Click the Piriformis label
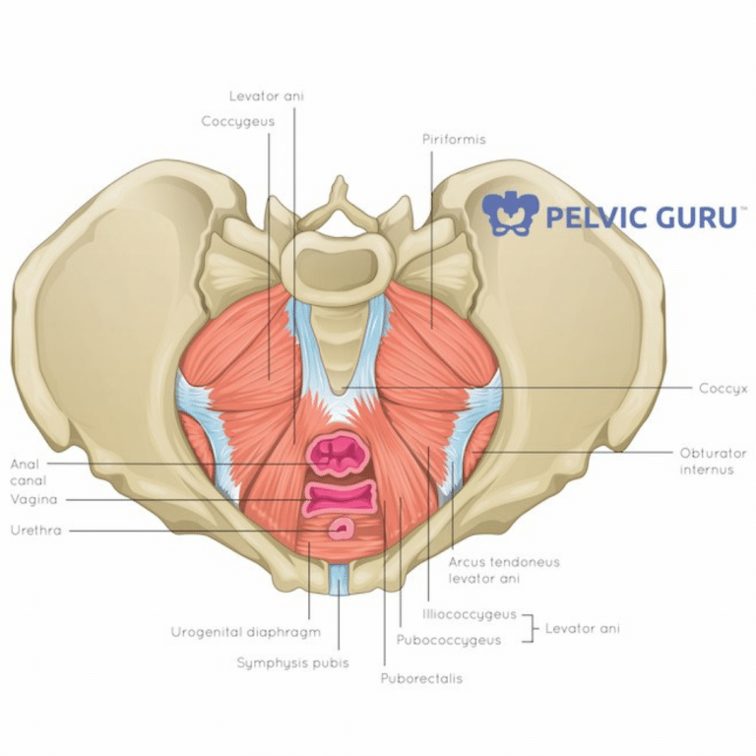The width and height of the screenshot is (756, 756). pyautogui.click(x=454, y=140)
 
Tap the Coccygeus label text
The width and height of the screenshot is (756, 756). pyautogui.click(x=237, y=121)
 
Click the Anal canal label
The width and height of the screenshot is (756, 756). pyautogui.click(x=27, y=471)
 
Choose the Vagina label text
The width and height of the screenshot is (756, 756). pyautogui.click(x=33, y=499)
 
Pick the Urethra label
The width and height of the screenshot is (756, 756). pyautogui.click(x=35, y=531)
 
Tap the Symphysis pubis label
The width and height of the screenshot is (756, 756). pyautogui.click(x=292, y=662)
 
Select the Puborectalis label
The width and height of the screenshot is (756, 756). pyautogui.click(x=420, y=678)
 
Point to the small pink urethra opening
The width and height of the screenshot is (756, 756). pyautogui.click(x=342, y=531)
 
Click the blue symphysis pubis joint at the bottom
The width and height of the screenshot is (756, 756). pyautogui.click(x=339, y=581)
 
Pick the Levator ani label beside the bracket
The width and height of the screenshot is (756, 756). pyautogui.click(x=583, y=627)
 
